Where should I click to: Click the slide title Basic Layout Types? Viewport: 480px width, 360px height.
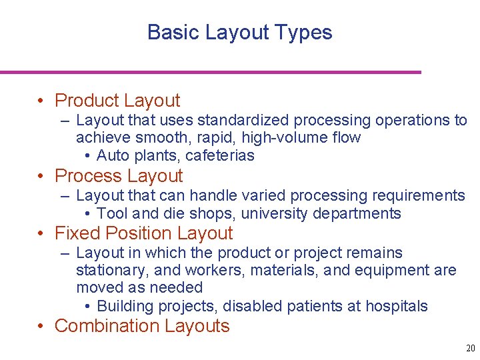click(239, 32)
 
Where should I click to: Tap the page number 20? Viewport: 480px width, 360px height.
click(470, 349)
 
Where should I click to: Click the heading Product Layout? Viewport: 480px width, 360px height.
click(117, 101)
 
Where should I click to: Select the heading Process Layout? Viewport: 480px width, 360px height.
click(119, 176)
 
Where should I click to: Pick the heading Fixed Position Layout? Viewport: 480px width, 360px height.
click(143, 233)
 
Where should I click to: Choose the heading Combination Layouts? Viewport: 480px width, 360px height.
click(142, 326)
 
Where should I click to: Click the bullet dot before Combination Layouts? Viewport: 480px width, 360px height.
click(42, 327)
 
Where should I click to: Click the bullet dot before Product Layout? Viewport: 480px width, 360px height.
click(42, 101)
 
